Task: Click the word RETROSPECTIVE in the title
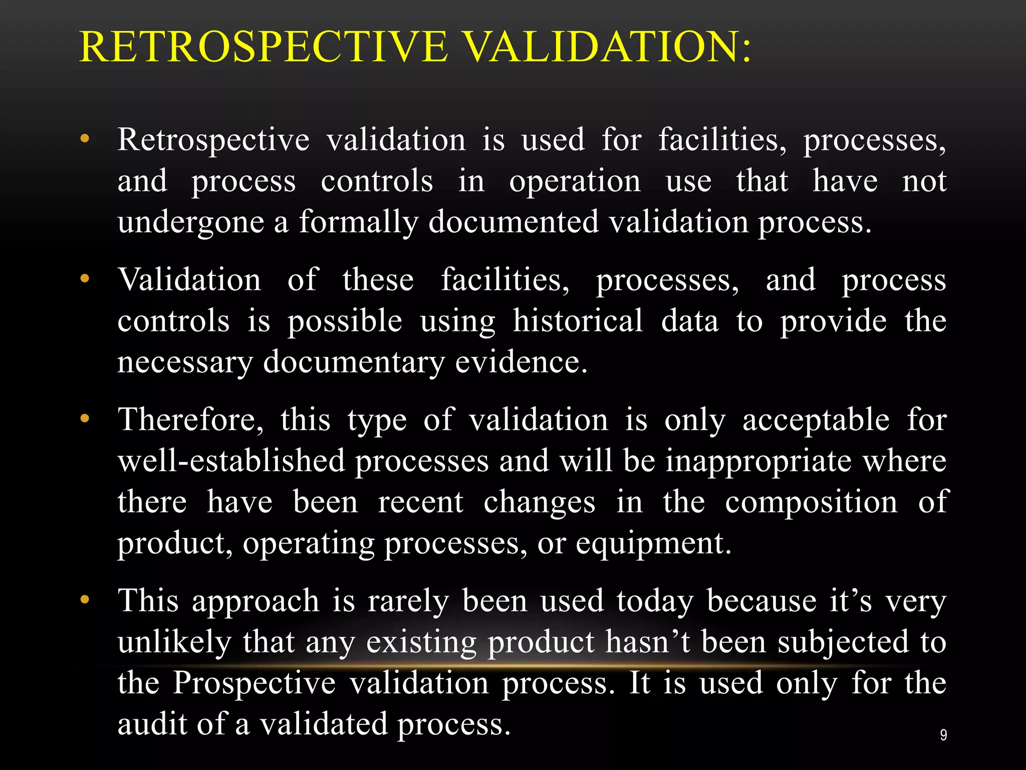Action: coord(264,47)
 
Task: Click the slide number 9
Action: coord(943,735)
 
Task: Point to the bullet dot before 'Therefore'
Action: coord(85,418)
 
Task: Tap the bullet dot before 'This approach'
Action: coord(85,599)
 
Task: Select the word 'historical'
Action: coord(578,321)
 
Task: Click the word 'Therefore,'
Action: coord(190,420)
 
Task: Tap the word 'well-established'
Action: coord(231,461)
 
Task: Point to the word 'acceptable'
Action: coord(816,420)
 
